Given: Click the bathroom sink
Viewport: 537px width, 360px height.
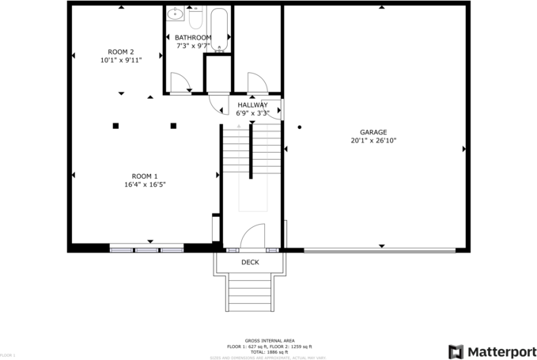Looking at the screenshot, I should [x=176, y=13].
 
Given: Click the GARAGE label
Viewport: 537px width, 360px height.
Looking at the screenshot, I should [x=373, y=132].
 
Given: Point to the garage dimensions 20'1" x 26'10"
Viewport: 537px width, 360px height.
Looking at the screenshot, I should [x=373, y=141].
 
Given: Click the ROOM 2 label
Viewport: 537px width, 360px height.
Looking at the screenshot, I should [x=121, y=51].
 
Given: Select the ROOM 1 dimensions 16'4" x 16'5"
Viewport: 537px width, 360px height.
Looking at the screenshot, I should [x=145, y=184].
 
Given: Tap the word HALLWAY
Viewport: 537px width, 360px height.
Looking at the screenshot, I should [x=252, y=105].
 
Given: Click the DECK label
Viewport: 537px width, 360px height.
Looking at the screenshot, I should [x=250, y=262].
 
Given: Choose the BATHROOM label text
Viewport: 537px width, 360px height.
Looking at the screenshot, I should [x=193, y=38].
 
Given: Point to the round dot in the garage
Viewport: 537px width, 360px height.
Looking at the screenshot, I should [x=300, y=127].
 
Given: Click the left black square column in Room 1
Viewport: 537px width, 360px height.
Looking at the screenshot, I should [x=115, y=125].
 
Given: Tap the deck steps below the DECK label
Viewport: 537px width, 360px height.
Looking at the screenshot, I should [x=250, y=293].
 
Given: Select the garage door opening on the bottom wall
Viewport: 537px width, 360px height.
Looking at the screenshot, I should [x=380, y=251].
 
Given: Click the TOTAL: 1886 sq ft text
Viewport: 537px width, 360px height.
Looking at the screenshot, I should [x=268, y=351].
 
